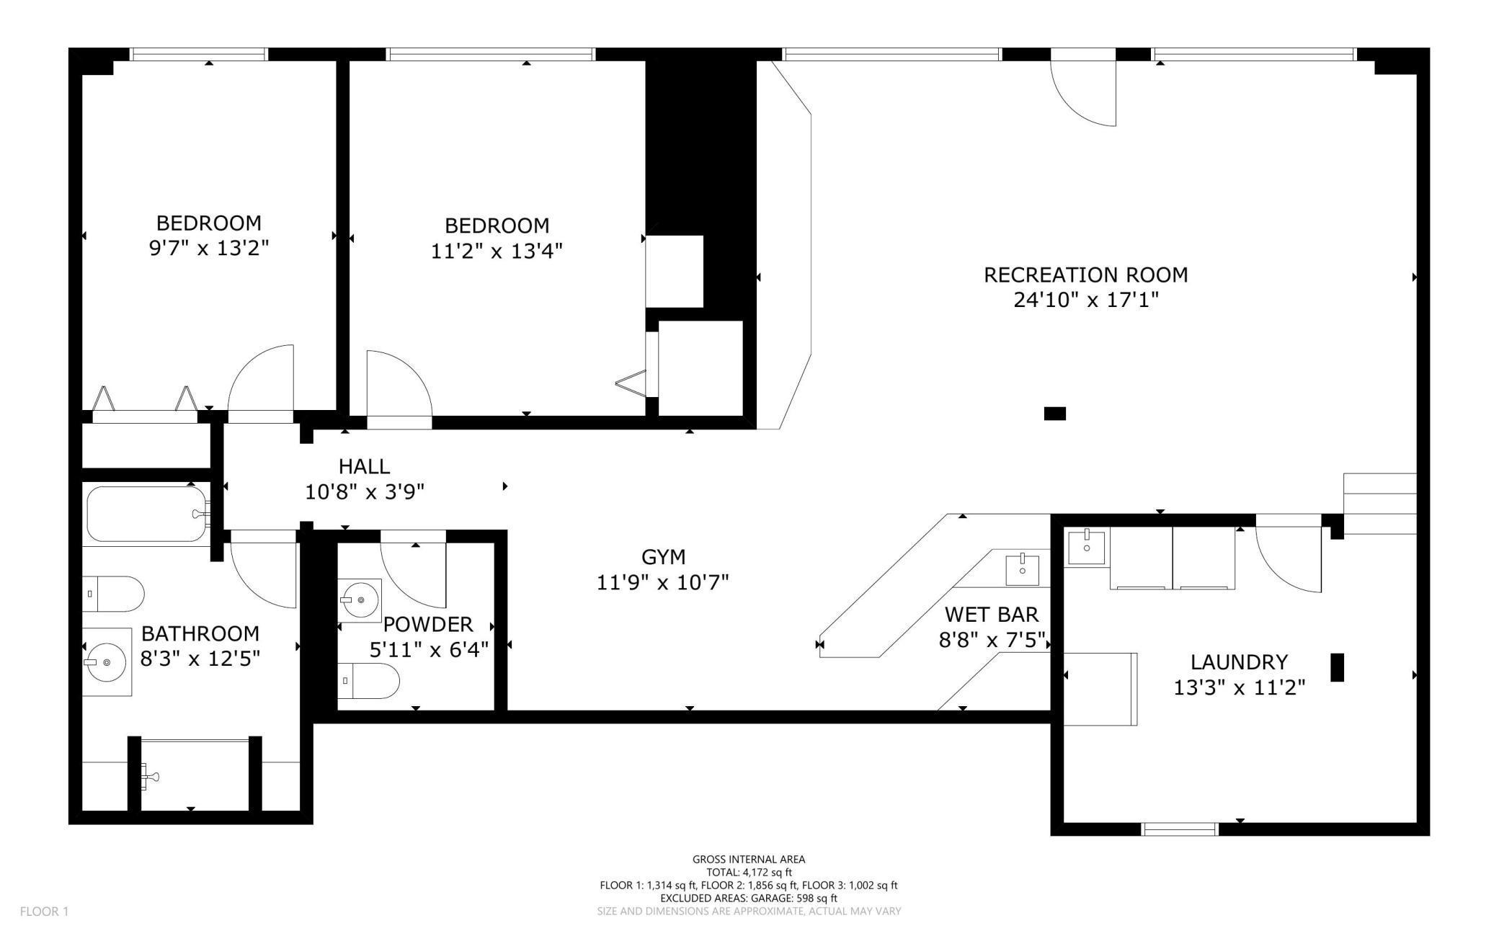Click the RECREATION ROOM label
(x=1085, y=275)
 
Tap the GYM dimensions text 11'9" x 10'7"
(x=662, y=582)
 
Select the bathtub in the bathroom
(x=147, y=514)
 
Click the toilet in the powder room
(x=369, y=681)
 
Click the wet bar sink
(x=1022, y=569)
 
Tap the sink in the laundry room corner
(x=1086, y=546)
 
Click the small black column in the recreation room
(x=1054, y=414)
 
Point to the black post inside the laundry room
(x=1337, y=667)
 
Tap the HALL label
(x=364, y=466)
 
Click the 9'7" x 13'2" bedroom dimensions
(x=209, y=249)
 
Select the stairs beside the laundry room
(x=1380, y=504)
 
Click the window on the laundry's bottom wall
(x=1180, y=829)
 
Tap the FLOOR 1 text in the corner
(x=44, y=912)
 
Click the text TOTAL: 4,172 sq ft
(x=749, y=872)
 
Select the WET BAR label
(x=992, y=615)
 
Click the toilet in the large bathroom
(x=113, y=594)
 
